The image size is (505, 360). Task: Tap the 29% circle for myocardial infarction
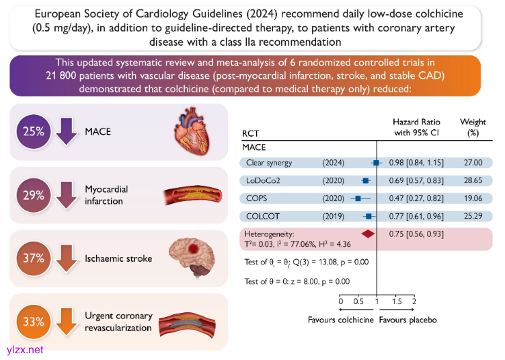[32, 195]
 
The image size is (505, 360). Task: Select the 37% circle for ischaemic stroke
[32, 258]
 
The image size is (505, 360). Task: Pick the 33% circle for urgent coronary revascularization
[32, 321]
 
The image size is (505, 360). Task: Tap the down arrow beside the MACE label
[66, 131]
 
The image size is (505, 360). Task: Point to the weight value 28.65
[473, 181]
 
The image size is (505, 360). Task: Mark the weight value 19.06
[473, 199]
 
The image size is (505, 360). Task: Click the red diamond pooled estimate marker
[368, 233]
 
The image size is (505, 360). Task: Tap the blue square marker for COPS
[358, 199]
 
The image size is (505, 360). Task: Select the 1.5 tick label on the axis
[396, 301]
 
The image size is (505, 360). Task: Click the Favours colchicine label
[340, 320]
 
